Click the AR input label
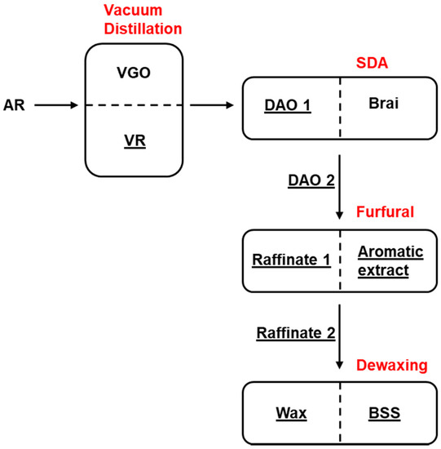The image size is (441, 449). coord(14,104)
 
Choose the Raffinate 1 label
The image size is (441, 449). coord(290,260)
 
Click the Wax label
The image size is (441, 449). coord(290,414)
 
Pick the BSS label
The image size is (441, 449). coord(383,414)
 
